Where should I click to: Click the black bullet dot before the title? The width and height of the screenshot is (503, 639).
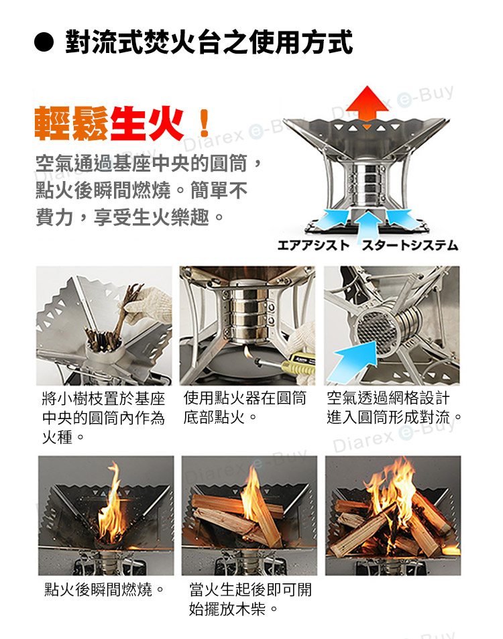[x=44, y=43]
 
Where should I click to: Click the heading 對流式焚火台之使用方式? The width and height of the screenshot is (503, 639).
[x=209, y=42]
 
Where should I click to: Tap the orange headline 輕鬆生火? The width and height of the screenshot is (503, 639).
[x=109, y=124]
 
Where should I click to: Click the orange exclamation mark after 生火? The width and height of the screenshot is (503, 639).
[x=205, y=123]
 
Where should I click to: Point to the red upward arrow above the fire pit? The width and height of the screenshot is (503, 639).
[x=368, y=104]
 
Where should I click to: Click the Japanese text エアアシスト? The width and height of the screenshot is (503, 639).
[x=313, y=245]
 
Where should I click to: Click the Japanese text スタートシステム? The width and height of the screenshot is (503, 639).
[x=410, y=245]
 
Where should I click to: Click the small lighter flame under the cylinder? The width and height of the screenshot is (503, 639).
[x=247, y=351]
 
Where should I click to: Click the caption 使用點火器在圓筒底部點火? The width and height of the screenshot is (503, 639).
[x=245, y=408]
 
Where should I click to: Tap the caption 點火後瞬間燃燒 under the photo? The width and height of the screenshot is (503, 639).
[x=105, y=589]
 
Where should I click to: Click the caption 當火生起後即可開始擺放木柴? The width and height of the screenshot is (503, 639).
[x=250, y=599]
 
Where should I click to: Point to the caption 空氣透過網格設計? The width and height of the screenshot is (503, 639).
[x=388, y=398]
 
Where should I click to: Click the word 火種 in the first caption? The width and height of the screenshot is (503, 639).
[x=57, y=437]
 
